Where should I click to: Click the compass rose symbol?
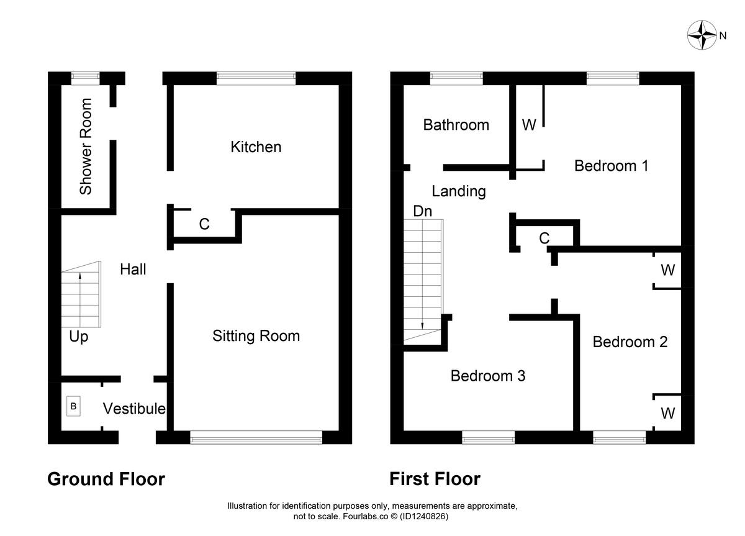click(702, 35)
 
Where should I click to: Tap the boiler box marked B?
click(73, 407)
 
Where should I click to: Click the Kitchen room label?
click(256, 147)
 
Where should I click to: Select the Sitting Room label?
click(256, 336)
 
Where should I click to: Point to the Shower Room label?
click(86, 147)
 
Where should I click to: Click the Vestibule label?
click(134, 409)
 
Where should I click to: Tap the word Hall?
click(133, 269)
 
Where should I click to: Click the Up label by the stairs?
click(79, 337)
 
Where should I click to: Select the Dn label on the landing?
click(422, 211)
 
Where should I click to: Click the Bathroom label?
click(456, 125)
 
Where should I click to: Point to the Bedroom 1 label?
click(611, 166)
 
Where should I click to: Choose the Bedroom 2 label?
click(630, 342)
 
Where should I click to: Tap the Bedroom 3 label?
click(488, 376)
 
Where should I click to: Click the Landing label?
click(458, 191)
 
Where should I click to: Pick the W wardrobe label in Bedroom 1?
click(528, 125)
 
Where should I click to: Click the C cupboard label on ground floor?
click(204, 224)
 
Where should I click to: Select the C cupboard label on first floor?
click(544, 238)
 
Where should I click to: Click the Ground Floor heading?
click(106, 479)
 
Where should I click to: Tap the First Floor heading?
click(435, 479)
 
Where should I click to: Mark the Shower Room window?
click(85, 78)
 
